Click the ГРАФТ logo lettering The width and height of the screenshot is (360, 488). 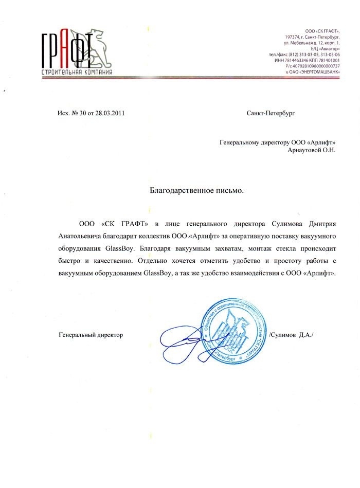[x=67, y=48]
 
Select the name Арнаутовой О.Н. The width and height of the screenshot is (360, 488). [x=311, y=150]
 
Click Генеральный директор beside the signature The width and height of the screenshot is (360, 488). [x=91, y=335]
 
